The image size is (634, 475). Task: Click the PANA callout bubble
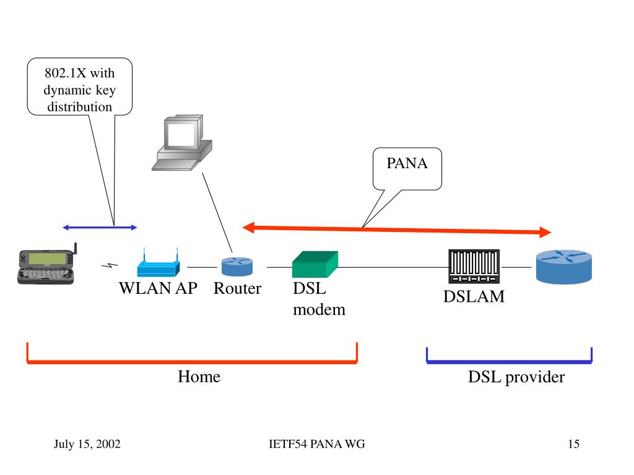[x=407, y=168]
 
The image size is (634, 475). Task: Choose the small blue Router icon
[x=238, y=267]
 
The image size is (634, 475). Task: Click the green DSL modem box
[x=315, y=264]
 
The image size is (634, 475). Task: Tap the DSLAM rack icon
[x=474, y=267]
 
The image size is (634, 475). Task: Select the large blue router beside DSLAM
[x=563, y=266]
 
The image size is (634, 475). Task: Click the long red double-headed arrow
[x=396, y=229]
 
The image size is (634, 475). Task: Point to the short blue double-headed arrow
[x=99, y=228]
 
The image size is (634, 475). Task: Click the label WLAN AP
[x=158, y=288]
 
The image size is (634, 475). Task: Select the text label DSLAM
[x=474, y=297]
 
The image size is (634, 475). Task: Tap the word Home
[x=199, y=376]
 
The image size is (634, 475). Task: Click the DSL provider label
[x=516, y=377]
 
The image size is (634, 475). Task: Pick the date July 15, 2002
[x=87, y=444]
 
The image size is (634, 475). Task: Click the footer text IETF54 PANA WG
[x=317, y=444]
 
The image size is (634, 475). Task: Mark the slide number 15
[x=573, y=444]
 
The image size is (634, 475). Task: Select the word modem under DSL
[x=319, y=309]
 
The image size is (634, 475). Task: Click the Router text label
[x=238, y=288]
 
